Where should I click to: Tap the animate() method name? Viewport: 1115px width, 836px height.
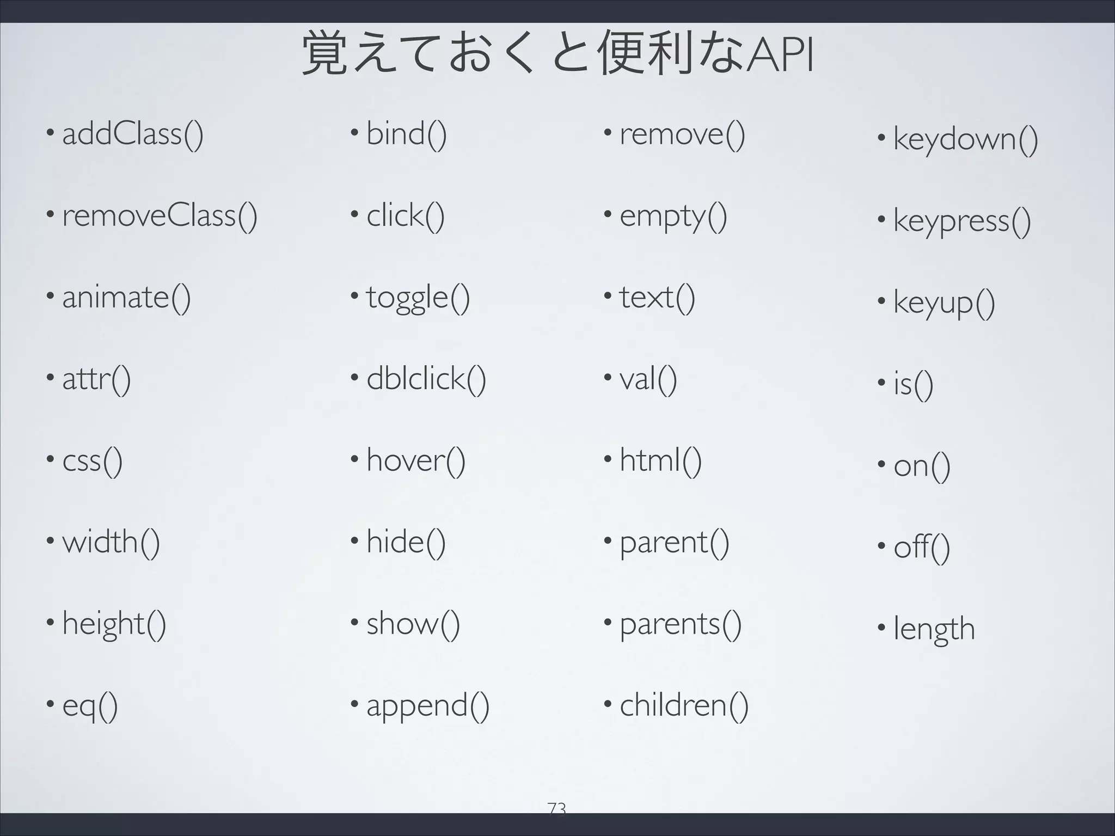point(126,297)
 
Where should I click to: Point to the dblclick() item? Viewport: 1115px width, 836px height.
point(426,379)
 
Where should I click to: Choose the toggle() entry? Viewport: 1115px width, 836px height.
point(418,298)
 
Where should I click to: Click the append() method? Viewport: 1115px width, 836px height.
point(427,706)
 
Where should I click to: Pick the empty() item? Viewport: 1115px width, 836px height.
point(673,217)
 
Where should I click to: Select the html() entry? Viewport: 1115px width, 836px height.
point(660,460)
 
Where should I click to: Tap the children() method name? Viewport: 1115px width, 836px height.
point(684,705)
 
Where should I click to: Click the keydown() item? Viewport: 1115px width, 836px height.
point(965,139)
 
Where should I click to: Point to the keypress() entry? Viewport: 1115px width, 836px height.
point(961,221)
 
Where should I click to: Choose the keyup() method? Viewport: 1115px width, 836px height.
point(944,303)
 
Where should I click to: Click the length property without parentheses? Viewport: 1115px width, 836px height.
point(934,629)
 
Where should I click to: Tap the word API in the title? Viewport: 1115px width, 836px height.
point(780,56)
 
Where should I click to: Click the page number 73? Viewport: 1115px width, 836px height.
point(557,808)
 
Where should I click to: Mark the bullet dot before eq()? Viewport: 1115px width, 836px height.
point(50,704)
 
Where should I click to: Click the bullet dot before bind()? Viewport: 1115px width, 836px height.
point(354,132)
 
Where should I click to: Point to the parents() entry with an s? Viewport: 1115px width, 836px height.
point(680,624)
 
